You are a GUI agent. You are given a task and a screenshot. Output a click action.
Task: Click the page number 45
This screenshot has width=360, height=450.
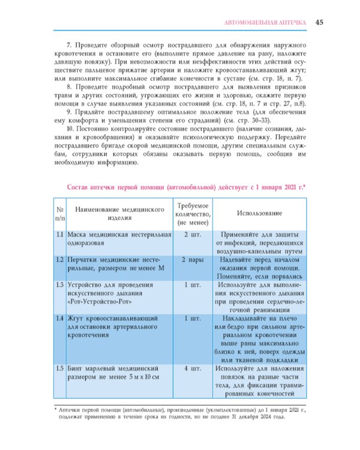click(320, 22)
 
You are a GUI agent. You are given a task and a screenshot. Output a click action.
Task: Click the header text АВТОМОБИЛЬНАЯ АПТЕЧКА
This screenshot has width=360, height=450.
click(265, 23)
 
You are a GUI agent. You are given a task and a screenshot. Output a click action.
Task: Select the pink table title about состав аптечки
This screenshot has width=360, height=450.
click(187, 188)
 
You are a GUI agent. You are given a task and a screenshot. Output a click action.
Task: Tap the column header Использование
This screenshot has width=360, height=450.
click(260, 214)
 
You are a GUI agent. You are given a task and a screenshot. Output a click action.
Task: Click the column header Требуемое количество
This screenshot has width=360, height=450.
click(192, 214)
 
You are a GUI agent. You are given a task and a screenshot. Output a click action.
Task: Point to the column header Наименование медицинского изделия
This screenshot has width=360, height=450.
click(119, 214)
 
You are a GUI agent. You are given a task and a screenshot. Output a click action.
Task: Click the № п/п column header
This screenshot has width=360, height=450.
click(60, 214)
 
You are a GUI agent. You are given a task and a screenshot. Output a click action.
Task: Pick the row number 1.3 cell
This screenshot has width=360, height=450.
click(60, 285)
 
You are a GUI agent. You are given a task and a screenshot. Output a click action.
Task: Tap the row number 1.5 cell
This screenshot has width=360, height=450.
click(60, 368)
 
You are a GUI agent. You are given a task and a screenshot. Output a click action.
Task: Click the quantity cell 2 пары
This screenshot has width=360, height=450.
click(192, 260)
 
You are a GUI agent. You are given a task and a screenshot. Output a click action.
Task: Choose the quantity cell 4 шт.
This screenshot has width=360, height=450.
click(192, 368)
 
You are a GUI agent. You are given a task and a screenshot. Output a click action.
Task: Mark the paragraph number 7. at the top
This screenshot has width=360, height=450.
click(70, 46)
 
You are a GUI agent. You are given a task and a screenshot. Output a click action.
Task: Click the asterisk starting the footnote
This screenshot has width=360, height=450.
click(56, 410)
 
